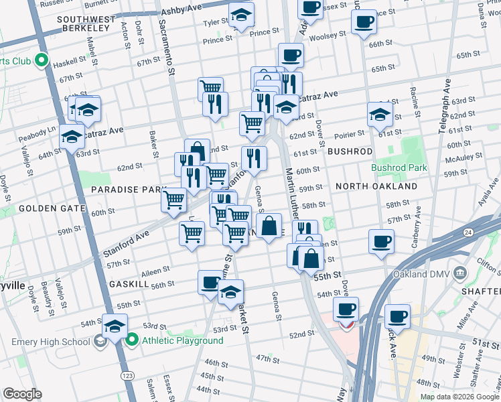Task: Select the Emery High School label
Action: (50, 341)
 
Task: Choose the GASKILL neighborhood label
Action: (129, 284)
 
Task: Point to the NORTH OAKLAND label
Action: (376, 186)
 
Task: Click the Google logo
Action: (22, 393)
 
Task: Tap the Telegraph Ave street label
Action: (444, 107)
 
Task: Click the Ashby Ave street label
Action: (180, 11)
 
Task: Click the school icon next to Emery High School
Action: (100, 341)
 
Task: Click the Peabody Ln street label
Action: (37, 131)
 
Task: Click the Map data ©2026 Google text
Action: (459, 396)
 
